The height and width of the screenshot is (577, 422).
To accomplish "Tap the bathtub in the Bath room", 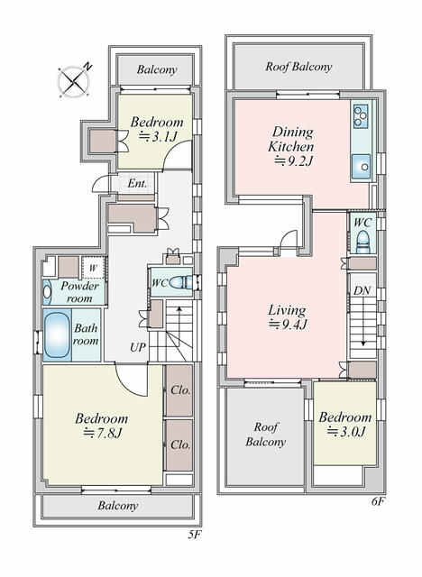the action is pyautogui.click(x=57, y=334).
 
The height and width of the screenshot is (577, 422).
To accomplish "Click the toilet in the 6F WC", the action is pyautogui.click(x=362, y=241).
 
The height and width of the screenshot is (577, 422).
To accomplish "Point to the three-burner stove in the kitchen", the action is pyautogui.click(x=360, y=116).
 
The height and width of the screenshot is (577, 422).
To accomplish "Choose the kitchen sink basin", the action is pyautogui.click(x=361, y=167).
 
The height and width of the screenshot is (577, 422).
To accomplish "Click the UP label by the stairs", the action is pyautogui.click(x=138, y=347).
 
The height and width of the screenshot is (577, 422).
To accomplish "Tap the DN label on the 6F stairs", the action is pyautogui.click(x=362, y=290).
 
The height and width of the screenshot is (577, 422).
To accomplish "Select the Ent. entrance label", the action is pyautogui.click(x=137, y=183).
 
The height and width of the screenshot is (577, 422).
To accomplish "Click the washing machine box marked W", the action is pyautogui.click(x=93, y=268).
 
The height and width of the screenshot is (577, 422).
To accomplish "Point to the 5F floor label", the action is pyautogui.click(x=194, y=535).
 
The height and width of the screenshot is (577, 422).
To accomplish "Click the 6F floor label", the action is pyautogui.click(x=378, y=501).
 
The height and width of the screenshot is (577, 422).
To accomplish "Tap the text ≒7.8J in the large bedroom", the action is pyautogui.click(x=103, y=433).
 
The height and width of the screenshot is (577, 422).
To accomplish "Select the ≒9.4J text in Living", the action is pyautogui.click(x=289, y=325).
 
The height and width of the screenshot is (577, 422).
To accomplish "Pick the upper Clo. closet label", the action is pyautogui.click(x=180, y=390).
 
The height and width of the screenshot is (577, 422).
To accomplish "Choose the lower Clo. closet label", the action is pyautogui.click(x=180, y=444).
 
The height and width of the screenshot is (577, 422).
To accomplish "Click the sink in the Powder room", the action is pyautogui.click(x=47, y=292).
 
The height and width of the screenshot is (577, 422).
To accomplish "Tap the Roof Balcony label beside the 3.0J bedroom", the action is pyautogui.click(x=266, y=435).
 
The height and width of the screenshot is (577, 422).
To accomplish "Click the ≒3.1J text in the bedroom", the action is pyautogui.click(x=158, y=137).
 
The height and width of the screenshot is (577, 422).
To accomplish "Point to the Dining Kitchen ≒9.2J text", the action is pyautogui.click(x=291, y=146).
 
